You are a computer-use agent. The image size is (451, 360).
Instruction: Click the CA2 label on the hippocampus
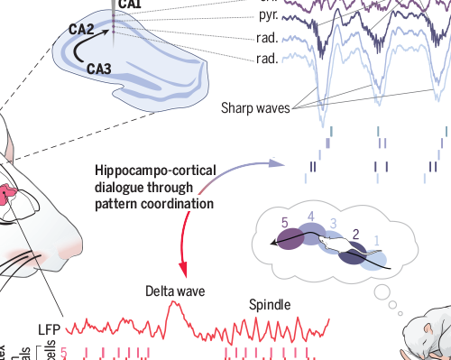(x=82, y=31)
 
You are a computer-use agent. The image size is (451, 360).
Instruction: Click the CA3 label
(x=100, y=67)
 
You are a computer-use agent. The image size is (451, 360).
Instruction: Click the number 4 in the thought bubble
(x=311, y=217)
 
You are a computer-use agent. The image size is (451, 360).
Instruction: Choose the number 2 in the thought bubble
(x=356, y=235)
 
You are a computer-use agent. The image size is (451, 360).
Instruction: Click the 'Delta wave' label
(x=177, y=292)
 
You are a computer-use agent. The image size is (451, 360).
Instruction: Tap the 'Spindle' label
(x=270, y=305)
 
